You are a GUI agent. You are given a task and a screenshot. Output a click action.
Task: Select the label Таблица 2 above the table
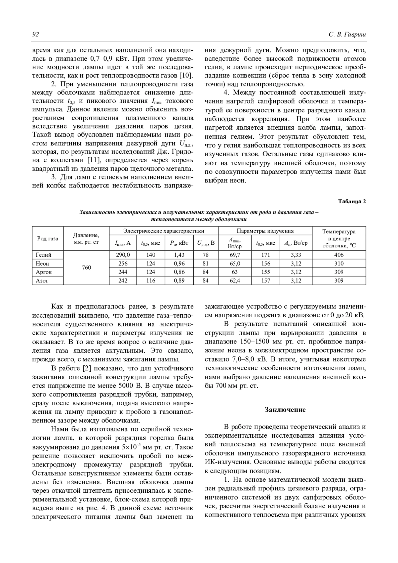(x=352, y=201)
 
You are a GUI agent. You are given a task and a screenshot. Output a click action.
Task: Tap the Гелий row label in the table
(x=44, y=255)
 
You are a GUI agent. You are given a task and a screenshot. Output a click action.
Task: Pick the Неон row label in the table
(x=43, y=264)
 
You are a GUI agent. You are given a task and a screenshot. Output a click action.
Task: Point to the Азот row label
(x=42, y=281)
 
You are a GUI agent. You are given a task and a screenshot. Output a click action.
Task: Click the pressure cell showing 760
(x=87, y=268)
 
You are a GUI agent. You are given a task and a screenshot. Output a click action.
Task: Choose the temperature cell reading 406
(x=339, y=255)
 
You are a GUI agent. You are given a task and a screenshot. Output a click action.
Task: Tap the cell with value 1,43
(x=179, y=255)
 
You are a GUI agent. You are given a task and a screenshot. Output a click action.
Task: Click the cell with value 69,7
(x=235, y=255)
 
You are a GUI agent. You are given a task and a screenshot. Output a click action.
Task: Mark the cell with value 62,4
(x=235, y=281)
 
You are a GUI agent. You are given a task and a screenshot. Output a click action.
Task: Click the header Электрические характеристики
(x=164, y=231)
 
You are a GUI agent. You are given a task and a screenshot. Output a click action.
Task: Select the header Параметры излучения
(x=265, y=231)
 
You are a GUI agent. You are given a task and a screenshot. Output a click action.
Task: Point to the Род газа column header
(x=47, y=238)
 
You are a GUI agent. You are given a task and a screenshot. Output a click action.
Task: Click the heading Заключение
(x=285, y=409)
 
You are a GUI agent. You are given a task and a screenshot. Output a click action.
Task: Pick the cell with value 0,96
(x=179, y=264)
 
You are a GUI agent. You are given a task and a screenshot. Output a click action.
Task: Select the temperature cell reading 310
(x=339, y=264)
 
